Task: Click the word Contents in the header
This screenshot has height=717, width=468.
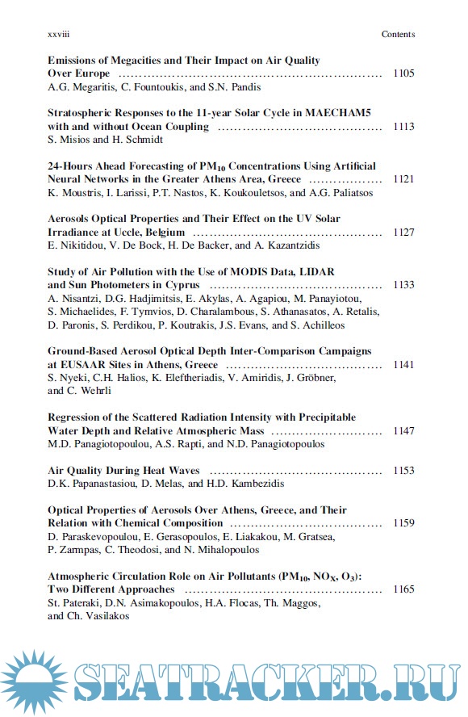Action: pyautogui.click(x=398, y=35)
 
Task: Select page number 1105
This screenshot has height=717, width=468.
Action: pyautogui.click(x=403, y=73)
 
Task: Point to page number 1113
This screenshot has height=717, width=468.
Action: pyautogui.click(x=403, y=127)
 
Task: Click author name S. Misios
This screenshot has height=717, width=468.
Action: pyautogui.click(x=69, y=140)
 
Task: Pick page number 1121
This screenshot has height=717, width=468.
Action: pyautogui.click(x=403, y=179)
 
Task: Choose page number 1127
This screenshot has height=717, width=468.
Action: pyautogui.click(x=403, y=233)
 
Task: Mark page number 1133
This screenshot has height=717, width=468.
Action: pyautogui.click(x=403, y=285)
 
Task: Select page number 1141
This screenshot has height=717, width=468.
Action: pyautogui.click(x=403, y=364)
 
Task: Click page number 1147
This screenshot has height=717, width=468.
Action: pyautogui.click(x=403, y=431)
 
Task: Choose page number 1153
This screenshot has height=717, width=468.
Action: pyautogui.click(x=403, y=471)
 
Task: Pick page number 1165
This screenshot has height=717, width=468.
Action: pyautogui.click(x=403, y=589)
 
